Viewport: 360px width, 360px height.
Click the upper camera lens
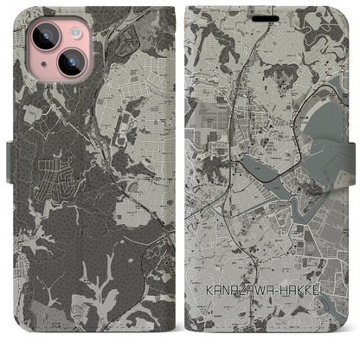click(x=42, y=35)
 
